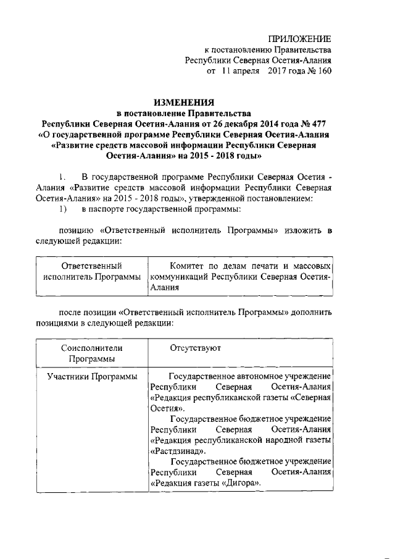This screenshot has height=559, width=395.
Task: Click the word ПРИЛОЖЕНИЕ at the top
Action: (x=303, y=38)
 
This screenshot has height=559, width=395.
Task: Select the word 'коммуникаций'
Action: (x=177, y=276)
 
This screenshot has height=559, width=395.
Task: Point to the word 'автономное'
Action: (x=258, y=376)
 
